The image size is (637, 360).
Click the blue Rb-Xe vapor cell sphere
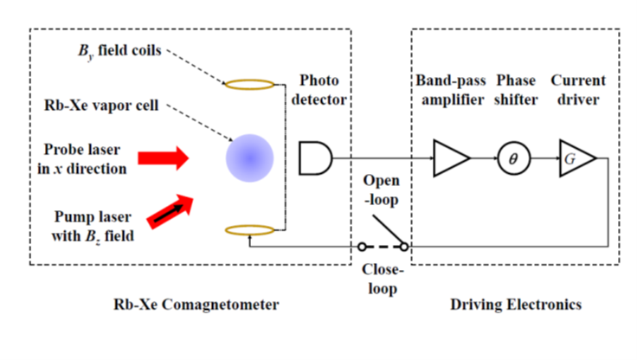click(x=250, y=158)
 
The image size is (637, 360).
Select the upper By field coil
click(x=250, y=85)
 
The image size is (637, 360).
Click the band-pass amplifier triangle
click(x=450, y=158)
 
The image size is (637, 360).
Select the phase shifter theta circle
click(x=512, y=158)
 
